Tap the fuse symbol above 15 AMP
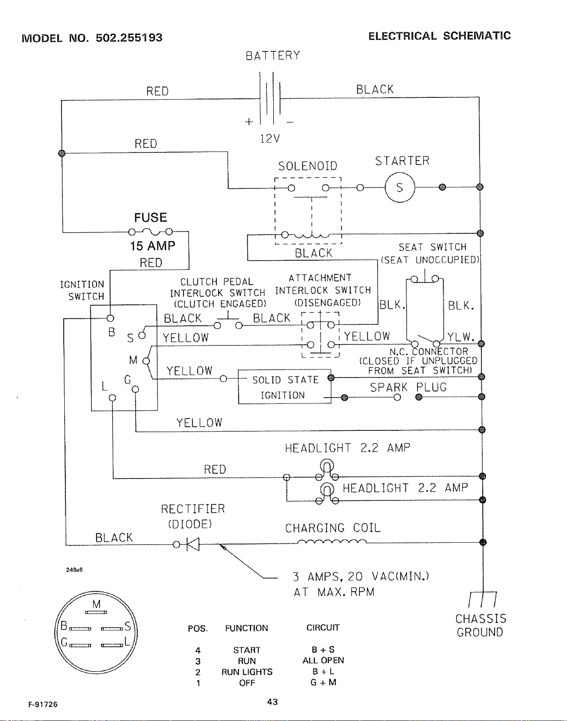click(150, 232)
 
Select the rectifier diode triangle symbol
click(193, 544)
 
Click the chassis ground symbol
click(482, 599)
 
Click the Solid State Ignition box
click(284, 387)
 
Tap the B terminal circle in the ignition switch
click(110, 318)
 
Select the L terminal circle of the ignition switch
click(112, 398)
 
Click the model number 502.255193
click(129, 37)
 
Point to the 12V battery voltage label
click(270, 138)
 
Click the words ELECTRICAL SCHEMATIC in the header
click(439, 36)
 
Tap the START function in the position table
click(247, 650)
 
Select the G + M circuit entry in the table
click(323, 682)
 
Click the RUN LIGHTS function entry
click(247, 672)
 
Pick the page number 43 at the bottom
click(272, 702)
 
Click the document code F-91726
click(43, 705)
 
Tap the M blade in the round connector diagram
click(96, 612)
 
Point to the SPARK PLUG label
click(408, 387)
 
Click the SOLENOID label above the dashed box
click(307, 166)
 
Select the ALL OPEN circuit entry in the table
click(323, 660)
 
